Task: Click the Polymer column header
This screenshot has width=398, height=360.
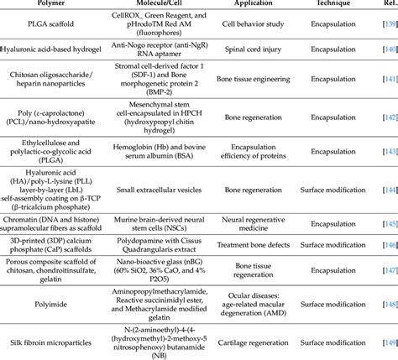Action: (x=49, y=4)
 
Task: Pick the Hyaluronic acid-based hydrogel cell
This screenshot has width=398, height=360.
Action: (x=49, y=52)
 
